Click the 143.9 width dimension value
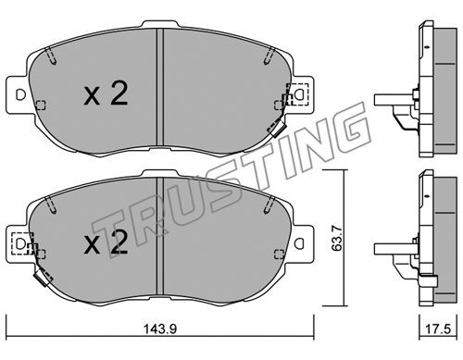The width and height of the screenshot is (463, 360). tap(159, 329)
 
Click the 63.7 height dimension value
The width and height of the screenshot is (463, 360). tap(336, 238)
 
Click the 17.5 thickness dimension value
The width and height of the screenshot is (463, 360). tap(438, 329)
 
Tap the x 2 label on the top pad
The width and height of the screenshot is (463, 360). tap(106, 94)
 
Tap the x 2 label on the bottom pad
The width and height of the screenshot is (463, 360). tap(106, 243)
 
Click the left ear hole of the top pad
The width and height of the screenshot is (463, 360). tap(20, 94)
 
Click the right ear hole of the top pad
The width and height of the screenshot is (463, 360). tap(299, 94)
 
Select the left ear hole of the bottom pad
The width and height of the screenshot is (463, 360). tap(20, 244)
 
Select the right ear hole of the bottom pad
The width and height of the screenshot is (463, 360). tap(299, 243)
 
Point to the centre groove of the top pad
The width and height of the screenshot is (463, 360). tap(159, 87)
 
